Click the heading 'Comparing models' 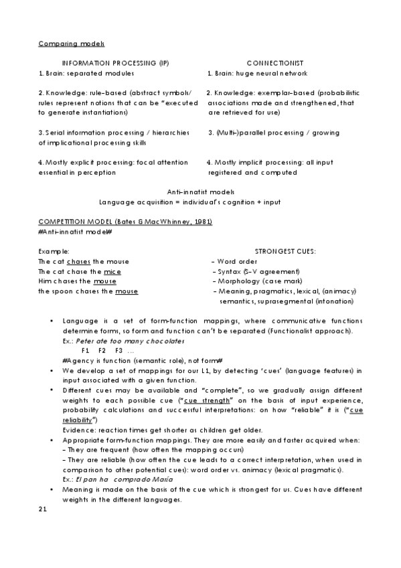point(71,44)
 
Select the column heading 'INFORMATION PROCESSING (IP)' point(115,63)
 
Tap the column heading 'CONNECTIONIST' point(274,63)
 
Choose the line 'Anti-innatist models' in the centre point(201,191)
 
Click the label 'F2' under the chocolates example point(102,350)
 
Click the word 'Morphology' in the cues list point(236,281)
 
